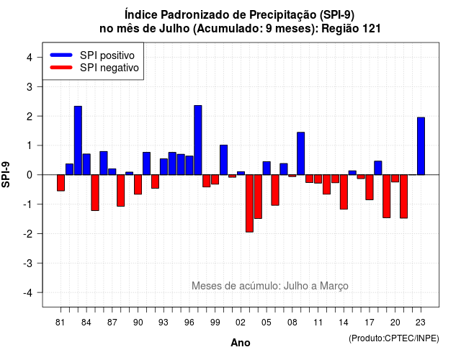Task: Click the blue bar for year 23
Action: point(421,146)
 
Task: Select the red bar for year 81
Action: point(61,183)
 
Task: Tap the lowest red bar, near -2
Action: point(249,203)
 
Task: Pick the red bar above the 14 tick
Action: point(344,192)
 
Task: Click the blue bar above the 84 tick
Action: point(86,164)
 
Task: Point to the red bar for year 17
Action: point(370,187)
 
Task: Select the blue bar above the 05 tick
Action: point(267,168)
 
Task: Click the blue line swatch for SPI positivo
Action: point(61,55)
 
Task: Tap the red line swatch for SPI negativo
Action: point(61,67)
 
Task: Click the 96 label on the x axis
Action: point(189,323)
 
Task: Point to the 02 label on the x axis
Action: point(241,323)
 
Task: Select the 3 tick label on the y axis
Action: point(30,86)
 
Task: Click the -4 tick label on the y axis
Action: point(27,292)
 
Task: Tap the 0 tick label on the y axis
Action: point(30,175)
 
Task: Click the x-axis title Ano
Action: point(241,343)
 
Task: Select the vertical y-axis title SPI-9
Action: point(6,174)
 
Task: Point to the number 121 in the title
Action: point(372,29)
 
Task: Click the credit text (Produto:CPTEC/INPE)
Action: point(394,338)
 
